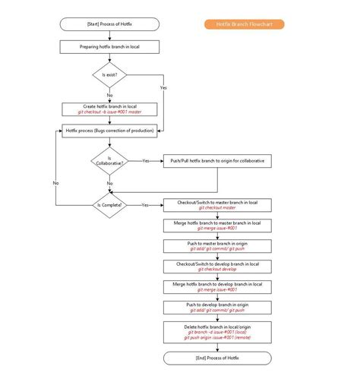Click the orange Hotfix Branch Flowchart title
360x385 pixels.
coord(245,24)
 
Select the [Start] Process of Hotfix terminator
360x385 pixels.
coord(109,24)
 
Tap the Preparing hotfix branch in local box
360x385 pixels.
coord(109,46)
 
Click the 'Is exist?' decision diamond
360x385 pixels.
coord(109,75)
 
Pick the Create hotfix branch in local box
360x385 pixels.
coord(109,109)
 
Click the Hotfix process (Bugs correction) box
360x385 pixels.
coord(109,131)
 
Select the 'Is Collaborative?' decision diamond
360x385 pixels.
coord(109,161)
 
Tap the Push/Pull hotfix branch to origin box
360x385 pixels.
coord(217,161)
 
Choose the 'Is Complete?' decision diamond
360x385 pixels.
coord(109,205)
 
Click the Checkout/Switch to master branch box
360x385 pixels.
coord(217,205)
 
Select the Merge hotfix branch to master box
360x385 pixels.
coord(217,225)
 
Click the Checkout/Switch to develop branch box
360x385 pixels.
coord(217,266)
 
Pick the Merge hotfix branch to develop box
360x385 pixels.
coord(217,286)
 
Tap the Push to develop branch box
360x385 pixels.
coord(217,307)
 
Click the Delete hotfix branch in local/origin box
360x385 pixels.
coord(217,331)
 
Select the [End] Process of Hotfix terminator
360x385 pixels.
coord(217,358)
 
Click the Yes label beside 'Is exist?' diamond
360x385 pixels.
coord(163,88)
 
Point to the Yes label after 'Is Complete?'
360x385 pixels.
coord(144,205)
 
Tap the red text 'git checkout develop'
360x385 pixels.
coord(217,269)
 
